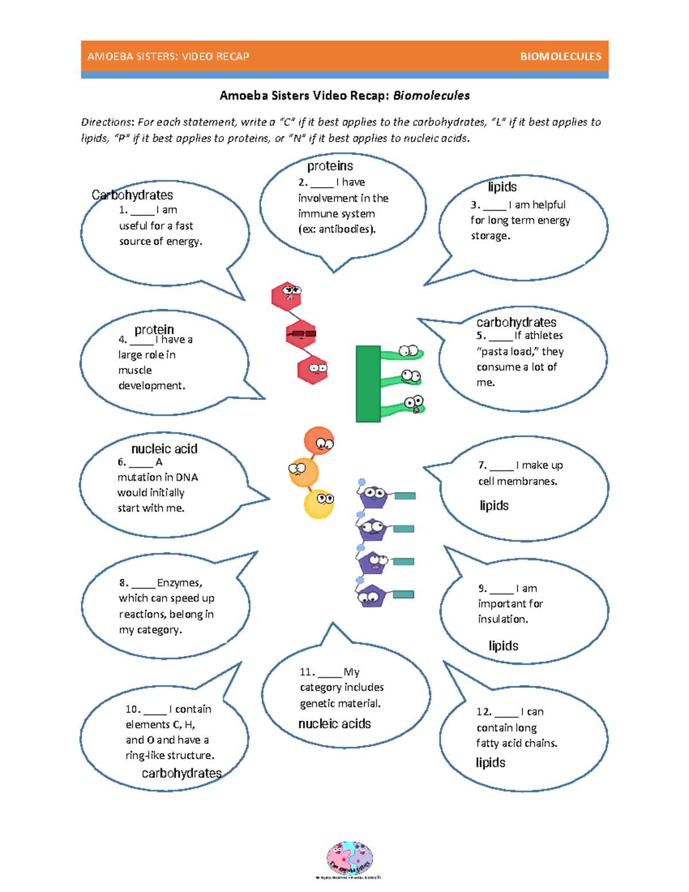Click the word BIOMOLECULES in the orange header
560,56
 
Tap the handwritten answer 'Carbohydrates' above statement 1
132,195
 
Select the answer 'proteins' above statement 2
330,166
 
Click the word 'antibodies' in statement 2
344,229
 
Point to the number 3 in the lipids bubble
474,205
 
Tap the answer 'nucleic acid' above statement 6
164,449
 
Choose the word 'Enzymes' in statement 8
179,583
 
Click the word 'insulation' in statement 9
502,619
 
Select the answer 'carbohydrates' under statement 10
181,773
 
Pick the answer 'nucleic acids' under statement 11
335,724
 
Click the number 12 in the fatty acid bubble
483,712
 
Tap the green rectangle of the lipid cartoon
368,384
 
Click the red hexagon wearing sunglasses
301,334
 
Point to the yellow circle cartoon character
319,504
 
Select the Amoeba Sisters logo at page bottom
349,859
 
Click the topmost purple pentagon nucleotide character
373,496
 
